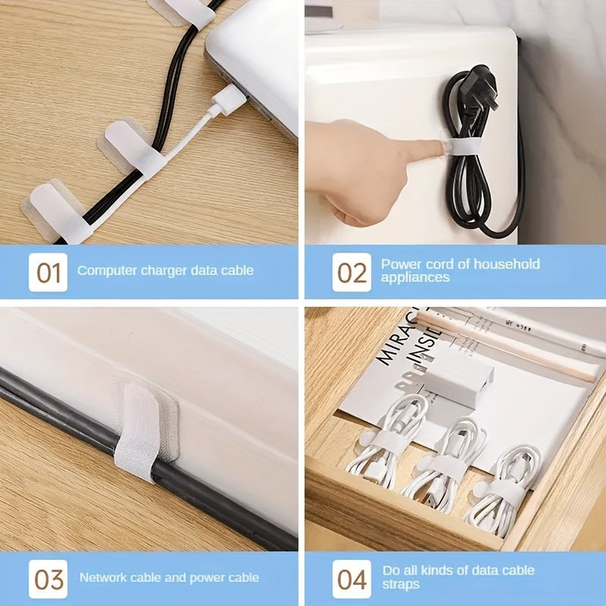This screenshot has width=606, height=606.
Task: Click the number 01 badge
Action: pos(48,271)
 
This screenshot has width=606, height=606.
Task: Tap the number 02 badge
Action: pos(351,271)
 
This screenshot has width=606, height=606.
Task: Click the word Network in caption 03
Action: pos(105,578)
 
